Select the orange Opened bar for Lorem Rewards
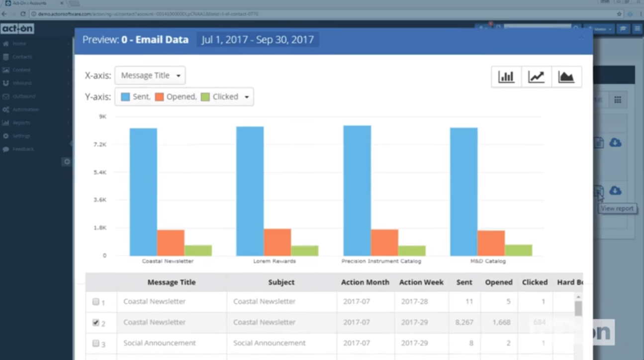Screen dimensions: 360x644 pyautogui.click(x=277, y=242)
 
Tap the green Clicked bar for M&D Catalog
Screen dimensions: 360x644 pyautogui.click(x=518, y=250)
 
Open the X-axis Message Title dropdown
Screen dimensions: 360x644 pyautogui.click(x=150, y=76)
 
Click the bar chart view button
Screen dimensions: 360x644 pyautogui.click(x=506, y=77)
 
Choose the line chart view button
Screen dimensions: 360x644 pyautogui.click(x=536, y=77)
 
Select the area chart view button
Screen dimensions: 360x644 pyautogui.click(x=566, y=77)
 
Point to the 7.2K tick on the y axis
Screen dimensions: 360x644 pyautogui.click(x=101, y=144)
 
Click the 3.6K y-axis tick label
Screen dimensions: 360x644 pyautogui.click(x=101, y=200)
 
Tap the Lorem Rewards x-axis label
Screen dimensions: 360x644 pyautogui.click(x=275, y=261)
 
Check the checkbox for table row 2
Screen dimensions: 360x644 pyautogui.click(x=96, y=323)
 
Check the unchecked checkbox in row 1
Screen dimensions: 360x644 pyautogui.click(x=96, y=302)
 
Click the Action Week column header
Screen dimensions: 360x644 pyautogui.click(x=421, y=282)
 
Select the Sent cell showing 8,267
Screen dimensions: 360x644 pyautogui.click(x=464, y=322)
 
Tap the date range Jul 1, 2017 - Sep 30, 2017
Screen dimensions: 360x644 pyautogui.click(x=258, y=40)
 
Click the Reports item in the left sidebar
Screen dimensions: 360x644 pyautogui.click(x=21, y=122)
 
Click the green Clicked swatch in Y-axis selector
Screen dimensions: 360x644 pyautogui.click(x=205, y=97)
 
